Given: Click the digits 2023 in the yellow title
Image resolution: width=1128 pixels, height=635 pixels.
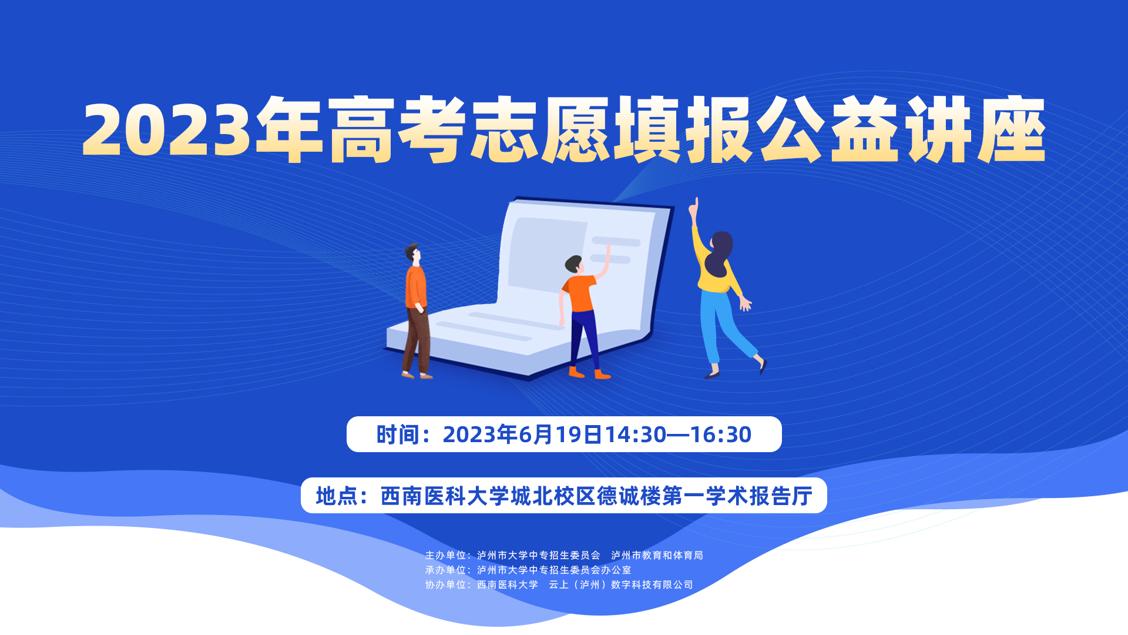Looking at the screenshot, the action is [167, 130].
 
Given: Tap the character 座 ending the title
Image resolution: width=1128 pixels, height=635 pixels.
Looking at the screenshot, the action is [1011, 129].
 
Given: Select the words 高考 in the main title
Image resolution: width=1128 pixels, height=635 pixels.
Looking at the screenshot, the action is [397, 129].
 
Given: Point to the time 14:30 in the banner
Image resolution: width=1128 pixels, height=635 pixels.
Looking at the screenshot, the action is [636, 435].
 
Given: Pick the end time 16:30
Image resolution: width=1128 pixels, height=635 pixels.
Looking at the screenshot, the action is [721, 435].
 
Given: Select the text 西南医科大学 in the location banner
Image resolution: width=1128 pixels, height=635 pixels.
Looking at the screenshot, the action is [445, 496].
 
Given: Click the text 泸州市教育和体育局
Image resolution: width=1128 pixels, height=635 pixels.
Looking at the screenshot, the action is [657, 555].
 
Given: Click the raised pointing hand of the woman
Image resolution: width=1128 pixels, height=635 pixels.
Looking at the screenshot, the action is [694, 209].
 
